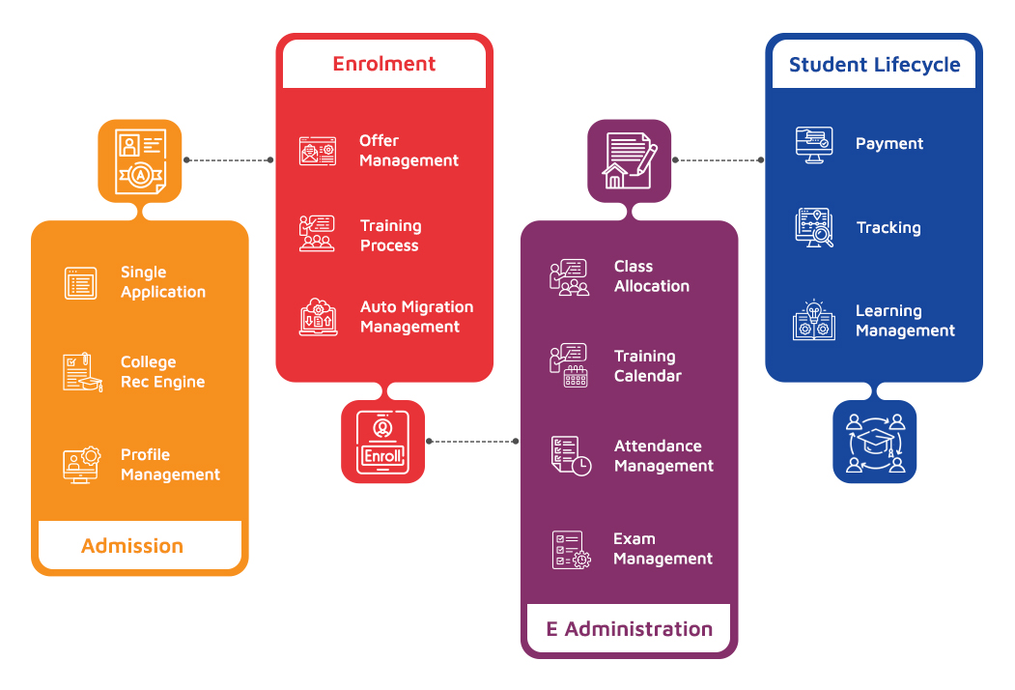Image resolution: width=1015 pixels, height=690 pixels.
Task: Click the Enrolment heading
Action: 384,64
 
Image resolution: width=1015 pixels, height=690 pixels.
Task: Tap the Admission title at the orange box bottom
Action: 132,546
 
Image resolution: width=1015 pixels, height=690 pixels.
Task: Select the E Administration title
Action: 630,629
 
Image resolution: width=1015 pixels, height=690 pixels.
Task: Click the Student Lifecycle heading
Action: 874,65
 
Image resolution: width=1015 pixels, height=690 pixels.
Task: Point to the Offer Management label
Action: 409,151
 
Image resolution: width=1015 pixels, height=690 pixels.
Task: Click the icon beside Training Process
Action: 317,234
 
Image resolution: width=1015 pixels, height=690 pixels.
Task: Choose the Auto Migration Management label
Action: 416,317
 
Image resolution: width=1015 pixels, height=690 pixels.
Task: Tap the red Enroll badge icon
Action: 383,442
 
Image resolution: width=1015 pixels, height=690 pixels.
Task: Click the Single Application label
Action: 163,282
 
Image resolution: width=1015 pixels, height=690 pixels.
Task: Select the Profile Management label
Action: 170,465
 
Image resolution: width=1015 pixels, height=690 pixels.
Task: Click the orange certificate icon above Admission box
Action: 140,160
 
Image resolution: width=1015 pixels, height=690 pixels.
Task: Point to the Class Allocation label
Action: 652,276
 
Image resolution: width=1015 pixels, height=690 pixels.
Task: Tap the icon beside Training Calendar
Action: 569,365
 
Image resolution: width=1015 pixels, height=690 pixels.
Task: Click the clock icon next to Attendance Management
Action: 571,456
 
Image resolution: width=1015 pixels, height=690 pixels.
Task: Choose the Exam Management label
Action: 663,549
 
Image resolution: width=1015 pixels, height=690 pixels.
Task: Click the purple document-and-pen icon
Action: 629,160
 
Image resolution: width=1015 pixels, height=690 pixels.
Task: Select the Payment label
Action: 889,144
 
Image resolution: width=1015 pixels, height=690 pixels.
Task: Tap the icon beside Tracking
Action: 814,228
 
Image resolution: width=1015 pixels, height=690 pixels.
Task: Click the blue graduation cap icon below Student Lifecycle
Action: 875,442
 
